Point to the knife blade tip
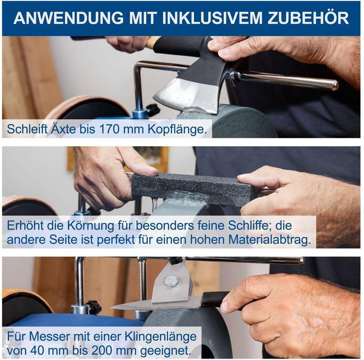pos(114,306)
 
